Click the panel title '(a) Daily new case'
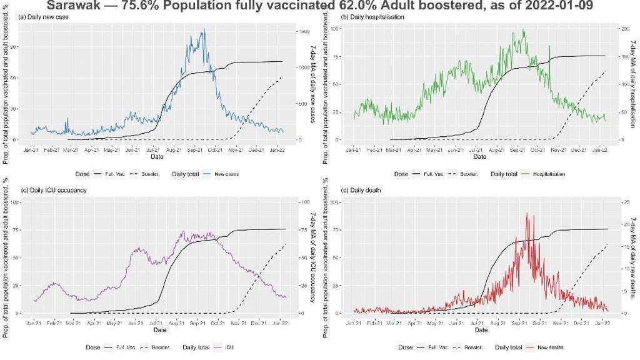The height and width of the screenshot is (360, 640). click(44, 16)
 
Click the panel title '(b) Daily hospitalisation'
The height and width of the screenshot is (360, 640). click(372, 16)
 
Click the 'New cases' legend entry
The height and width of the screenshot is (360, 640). click(228, 174)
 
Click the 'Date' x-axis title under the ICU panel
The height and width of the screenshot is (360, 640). click(159, 329)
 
